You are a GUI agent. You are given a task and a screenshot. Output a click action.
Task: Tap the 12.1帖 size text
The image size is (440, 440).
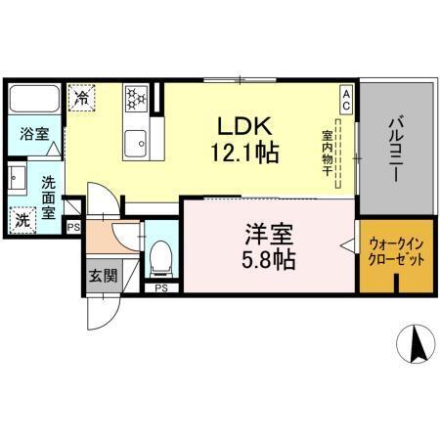coord(243,154)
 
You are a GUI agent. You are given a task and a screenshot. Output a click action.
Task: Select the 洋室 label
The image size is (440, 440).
coord(265,238)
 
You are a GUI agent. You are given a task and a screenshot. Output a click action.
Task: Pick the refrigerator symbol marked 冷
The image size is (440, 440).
coord(84,98)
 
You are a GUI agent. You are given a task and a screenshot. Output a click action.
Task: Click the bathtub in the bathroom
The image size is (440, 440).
coord(36,101)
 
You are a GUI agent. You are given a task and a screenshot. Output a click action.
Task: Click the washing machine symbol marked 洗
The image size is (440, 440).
coord(21,220)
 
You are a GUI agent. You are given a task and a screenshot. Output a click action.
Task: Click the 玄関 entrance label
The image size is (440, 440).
coord(101,276)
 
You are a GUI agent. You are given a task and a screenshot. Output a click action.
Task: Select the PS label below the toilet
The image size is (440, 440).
coord(160,287)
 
